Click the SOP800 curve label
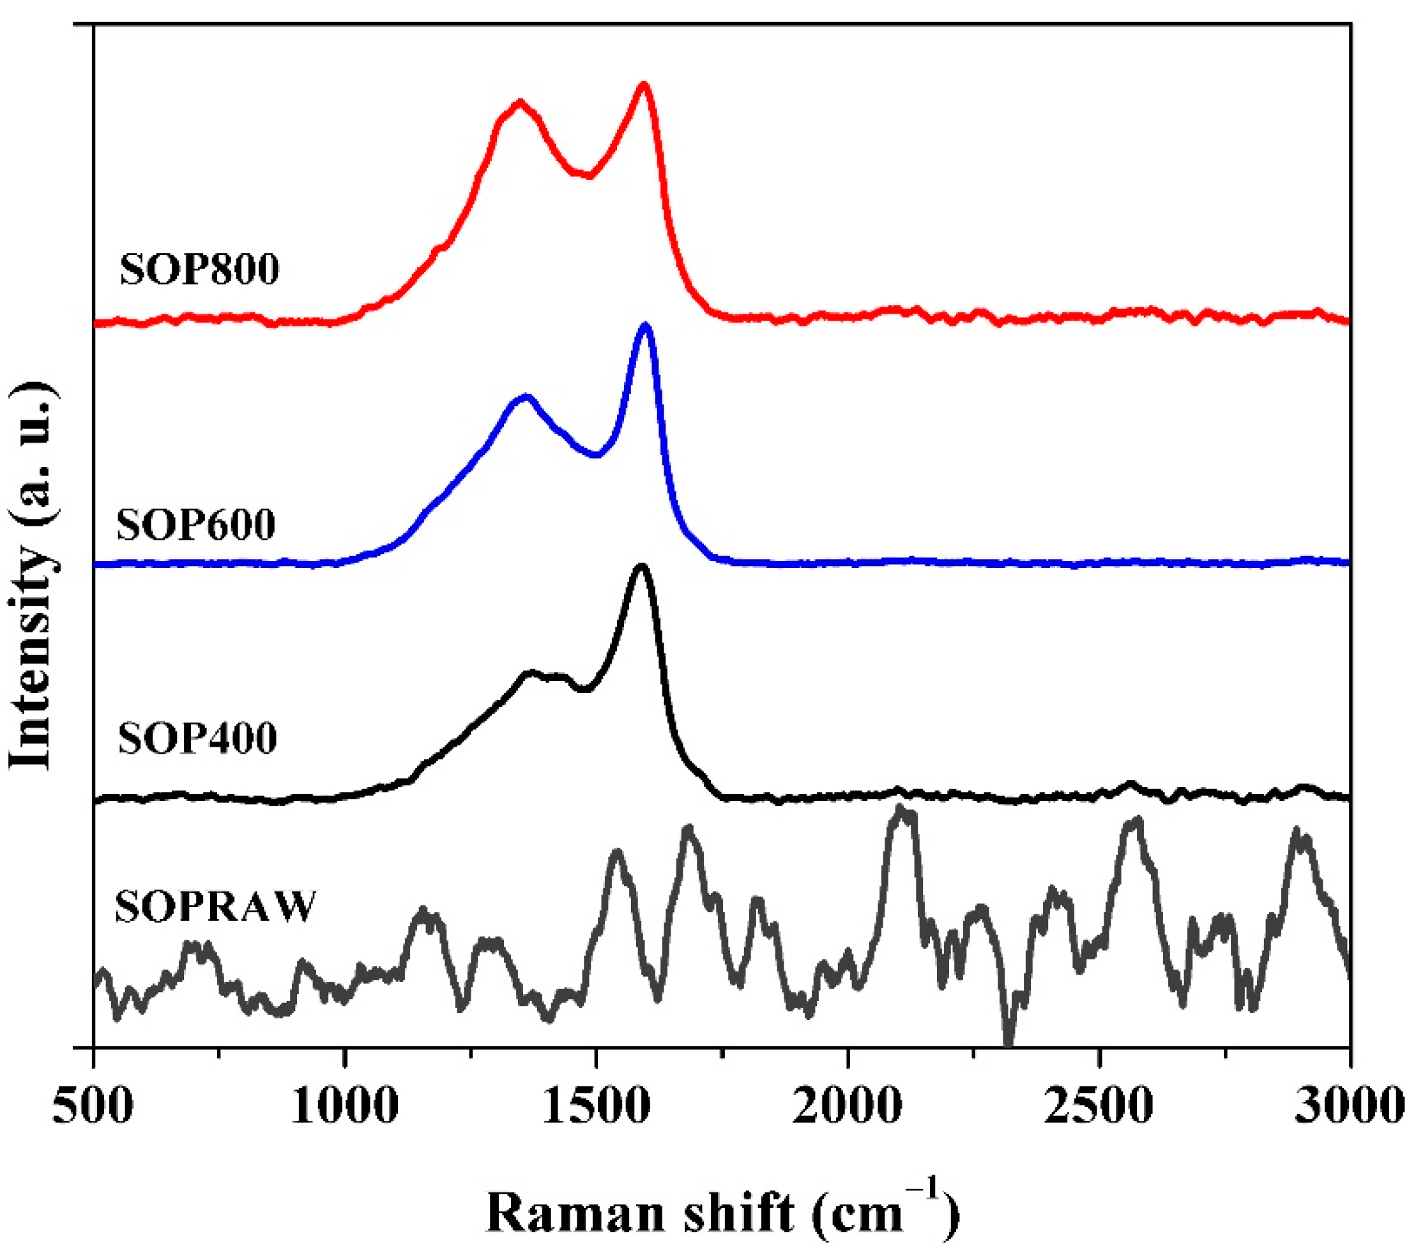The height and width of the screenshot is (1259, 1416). pyautogui.click(x=199, y=270)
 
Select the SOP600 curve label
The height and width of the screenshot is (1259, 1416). pyautogui.click(x=196, y=524)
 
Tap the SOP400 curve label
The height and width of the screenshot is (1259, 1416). pyautogui.click(x=197, y=738)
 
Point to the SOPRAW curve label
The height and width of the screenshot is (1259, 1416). pyautogui.click(x=215, y=906)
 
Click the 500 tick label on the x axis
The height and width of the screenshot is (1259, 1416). pyautogui.click(x=93, y=1106)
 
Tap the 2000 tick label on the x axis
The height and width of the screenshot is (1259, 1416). pyautogui.click(x=848, y=1106)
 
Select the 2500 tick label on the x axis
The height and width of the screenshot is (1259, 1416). pyautogui.click(x=1099, y=1106)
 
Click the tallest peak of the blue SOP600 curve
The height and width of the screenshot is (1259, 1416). pyautogui.click(x=646, y=325)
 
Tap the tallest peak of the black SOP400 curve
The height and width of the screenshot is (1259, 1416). pyautogui.click(x=641, y=567)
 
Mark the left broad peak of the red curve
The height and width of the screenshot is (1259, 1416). pyautogui.click(x=519, y=103)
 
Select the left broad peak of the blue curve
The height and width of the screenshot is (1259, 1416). pyautogui.click(x=526, y=397)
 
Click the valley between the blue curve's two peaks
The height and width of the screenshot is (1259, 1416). pyautogui.click(x=596, y=455)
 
